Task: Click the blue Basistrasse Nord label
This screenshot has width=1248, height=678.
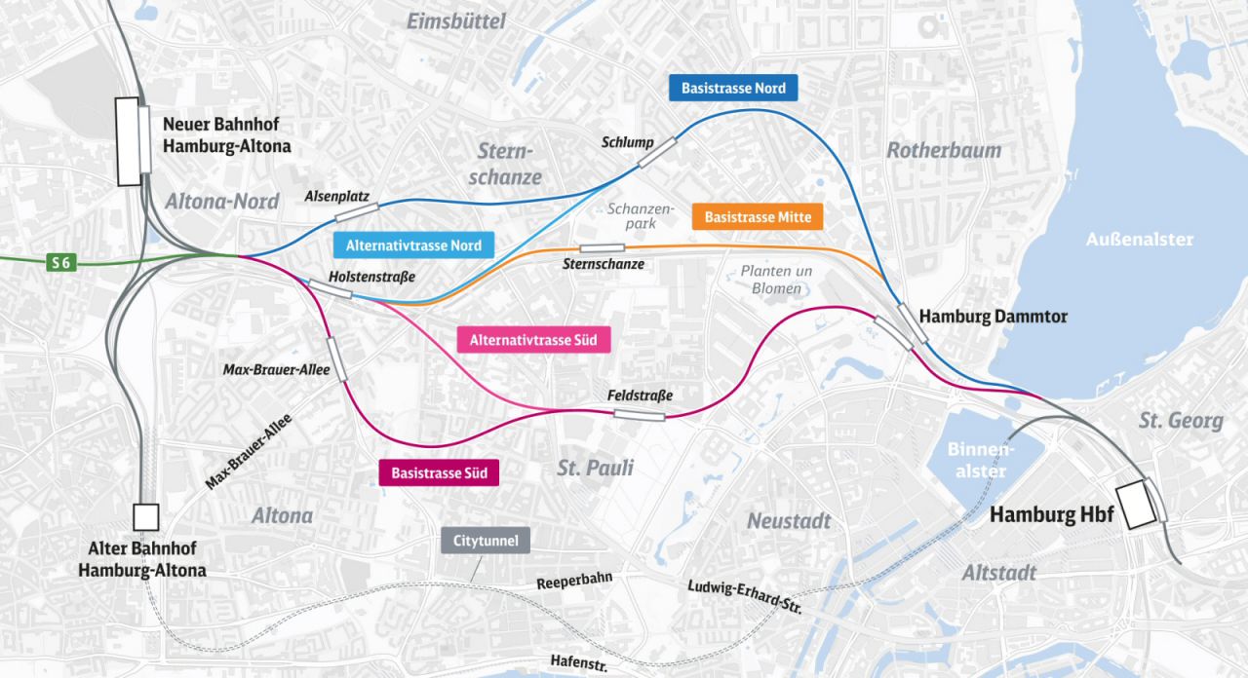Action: click(x=733, y=89)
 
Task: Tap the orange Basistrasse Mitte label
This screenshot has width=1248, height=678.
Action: click(x=758, y=216)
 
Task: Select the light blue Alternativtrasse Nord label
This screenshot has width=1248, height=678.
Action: click(x=413, y=245)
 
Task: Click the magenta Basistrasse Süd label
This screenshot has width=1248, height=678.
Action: click(x=439, y=473)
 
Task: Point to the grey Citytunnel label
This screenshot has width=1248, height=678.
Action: click(x=486, y=541)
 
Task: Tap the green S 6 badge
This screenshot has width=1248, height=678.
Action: click(x=60, y=261)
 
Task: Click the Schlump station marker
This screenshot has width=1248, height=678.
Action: click(x=657, y=152)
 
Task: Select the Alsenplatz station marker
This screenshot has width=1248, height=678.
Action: click(x=357, y=211)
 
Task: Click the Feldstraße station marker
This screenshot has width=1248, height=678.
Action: click(x=640, y=416)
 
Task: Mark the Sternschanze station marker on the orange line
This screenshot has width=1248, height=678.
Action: click(x=603, y=248)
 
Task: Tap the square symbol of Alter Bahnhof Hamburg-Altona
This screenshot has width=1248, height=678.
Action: click(x=146, y=516)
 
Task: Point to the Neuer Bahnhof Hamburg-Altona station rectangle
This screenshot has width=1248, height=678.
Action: click(x=129, y=141)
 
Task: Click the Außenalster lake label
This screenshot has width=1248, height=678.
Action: click(x=1139, y=240)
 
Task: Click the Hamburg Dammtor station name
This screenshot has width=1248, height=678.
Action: click(x=993, y=317)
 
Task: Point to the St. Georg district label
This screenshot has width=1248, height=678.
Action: click(x=1181, y=421)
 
